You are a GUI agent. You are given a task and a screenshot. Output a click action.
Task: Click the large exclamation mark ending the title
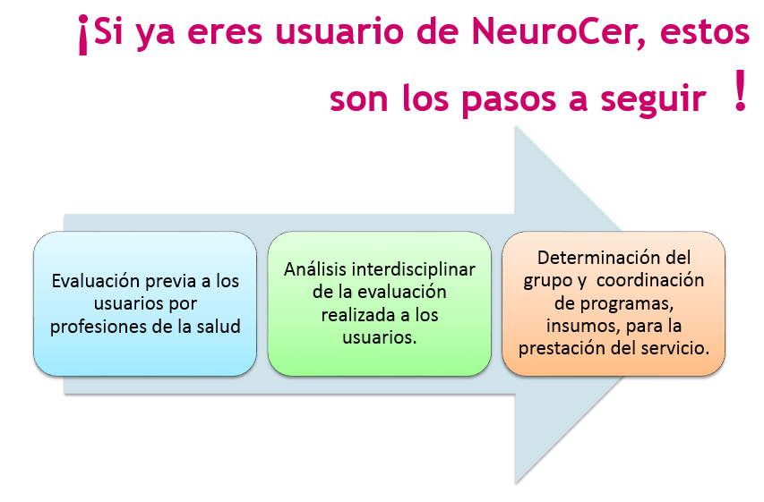(x=739, y=94)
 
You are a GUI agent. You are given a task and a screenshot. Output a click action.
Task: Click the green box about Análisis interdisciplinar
(x=379, y=303)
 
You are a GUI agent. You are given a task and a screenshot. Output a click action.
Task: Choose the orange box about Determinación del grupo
(x=614, y=303)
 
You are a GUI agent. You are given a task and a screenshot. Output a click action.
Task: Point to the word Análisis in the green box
(x=314, y=269)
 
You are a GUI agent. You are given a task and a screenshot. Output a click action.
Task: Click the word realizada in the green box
(x=355, y=315)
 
